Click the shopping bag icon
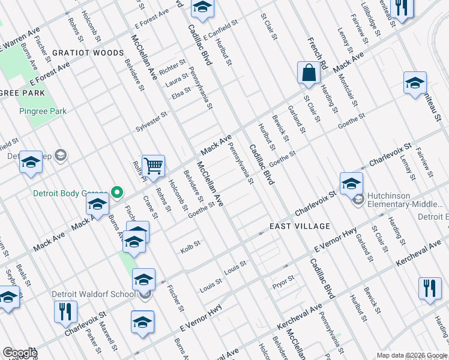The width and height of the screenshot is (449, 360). (x=309, y=73)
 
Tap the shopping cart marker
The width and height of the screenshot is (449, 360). (x=153, y=166)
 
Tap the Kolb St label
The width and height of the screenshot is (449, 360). (x=190, y=244)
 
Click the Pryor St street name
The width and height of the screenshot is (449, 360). (x=283, y=279)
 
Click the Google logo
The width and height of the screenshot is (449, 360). (x=20, y=353)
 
